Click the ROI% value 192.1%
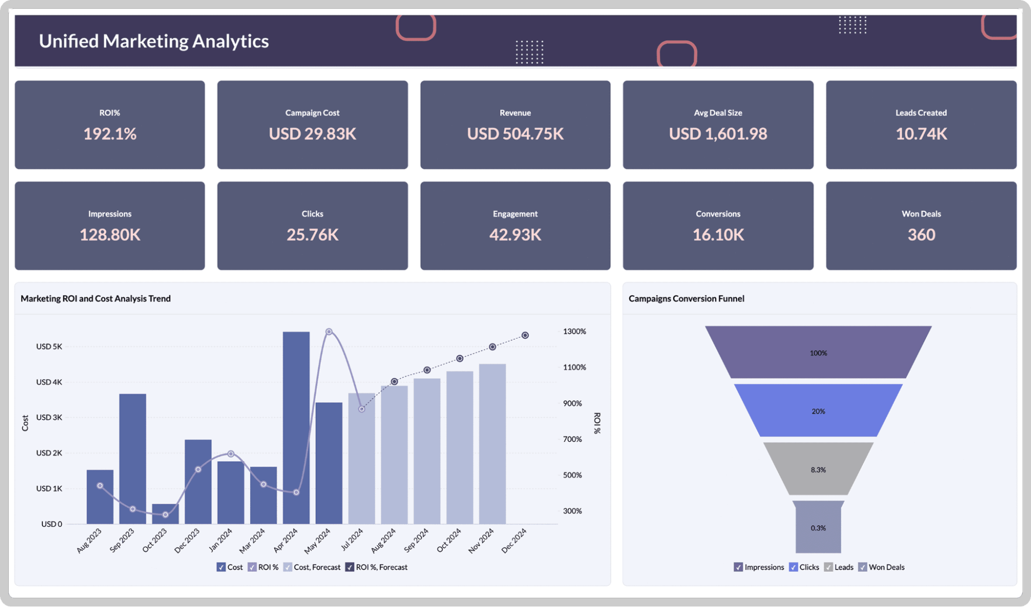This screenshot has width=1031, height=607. (x=110, y=134)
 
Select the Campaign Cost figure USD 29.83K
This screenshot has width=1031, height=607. (x=312, y=134)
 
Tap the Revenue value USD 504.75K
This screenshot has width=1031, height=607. (x=515, y=134)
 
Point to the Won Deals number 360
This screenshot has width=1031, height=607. (x=921, y=235)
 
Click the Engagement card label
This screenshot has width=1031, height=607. (x=515, y=214)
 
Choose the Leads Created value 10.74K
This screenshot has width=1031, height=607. (x=921, y=134)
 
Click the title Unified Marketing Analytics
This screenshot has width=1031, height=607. (x=154, y=41)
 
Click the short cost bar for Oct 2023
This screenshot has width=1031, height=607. (x=165, y=514)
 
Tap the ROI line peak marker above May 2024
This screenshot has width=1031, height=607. (x=329, y=332)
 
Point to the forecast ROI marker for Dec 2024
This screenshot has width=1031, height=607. (x=525, y=335)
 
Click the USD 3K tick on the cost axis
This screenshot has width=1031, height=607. (x=49, y=417)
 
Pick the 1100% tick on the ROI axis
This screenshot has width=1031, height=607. (x=574, y=367)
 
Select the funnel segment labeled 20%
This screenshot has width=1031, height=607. (x=818, y=411)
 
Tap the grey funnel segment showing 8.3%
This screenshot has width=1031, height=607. (x=818, y=469)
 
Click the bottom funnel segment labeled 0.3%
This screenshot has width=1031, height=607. (x=818, y=528)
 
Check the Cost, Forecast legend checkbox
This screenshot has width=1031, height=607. (x=288, y=567)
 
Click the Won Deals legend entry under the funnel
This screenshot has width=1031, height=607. (x=881, y=567)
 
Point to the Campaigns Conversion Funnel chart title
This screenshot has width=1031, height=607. (x=686, y=299)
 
